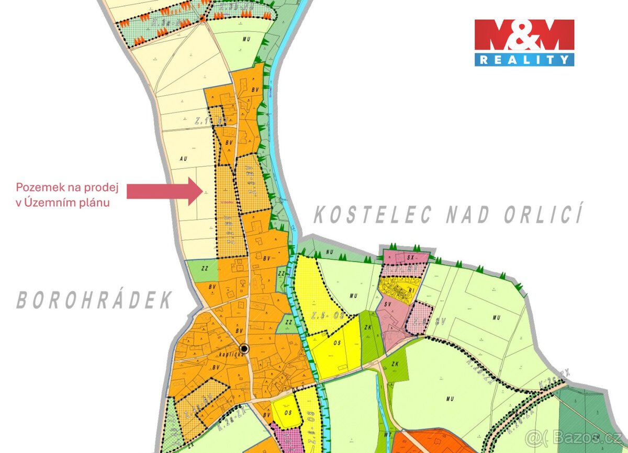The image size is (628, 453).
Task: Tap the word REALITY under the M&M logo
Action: point(524,60)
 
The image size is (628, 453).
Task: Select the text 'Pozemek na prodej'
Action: point(68,187)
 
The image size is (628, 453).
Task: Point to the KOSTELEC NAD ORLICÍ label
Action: point(447,215)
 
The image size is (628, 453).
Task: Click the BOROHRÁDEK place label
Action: point(94,300)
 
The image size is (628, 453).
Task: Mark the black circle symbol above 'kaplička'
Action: point(243,349)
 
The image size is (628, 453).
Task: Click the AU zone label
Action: point(182,157)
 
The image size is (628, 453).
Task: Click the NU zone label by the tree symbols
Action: point(329,252)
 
